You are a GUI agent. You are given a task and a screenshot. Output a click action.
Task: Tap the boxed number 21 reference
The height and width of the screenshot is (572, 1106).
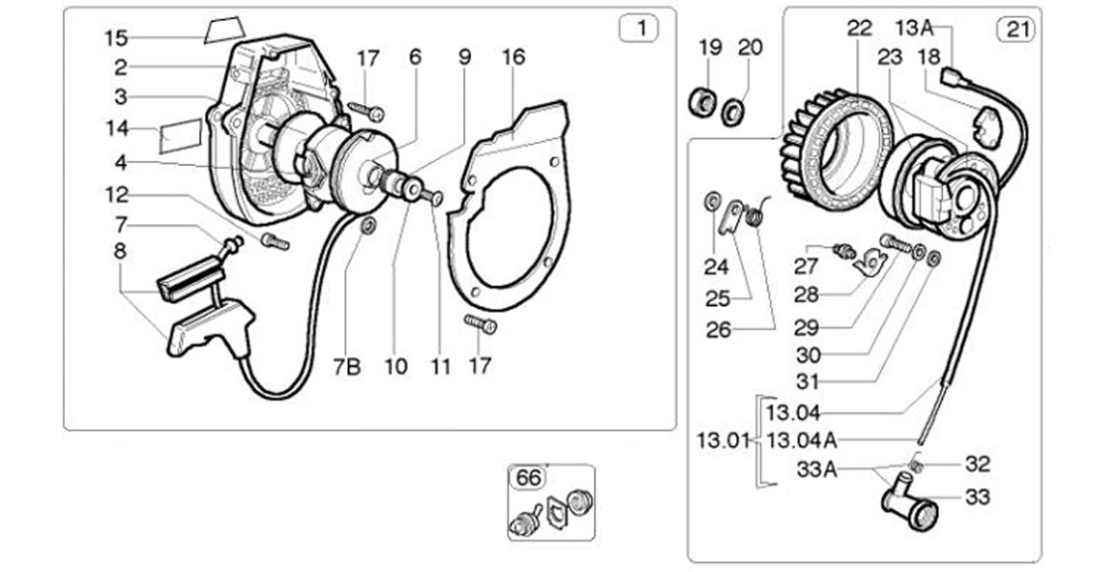tap(1016, 29)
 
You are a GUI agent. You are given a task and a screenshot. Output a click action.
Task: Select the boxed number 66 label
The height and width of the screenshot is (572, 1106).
tap(526, 476)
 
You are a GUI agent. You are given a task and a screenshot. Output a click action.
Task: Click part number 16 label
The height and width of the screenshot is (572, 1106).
tap(513, 57)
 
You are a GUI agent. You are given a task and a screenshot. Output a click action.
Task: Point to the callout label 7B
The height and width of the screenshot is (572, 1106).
tap(347, 366)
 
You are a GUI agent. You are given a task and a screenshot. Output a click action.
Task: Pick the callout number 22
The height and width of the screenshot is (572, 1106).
tap(859, 29)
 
